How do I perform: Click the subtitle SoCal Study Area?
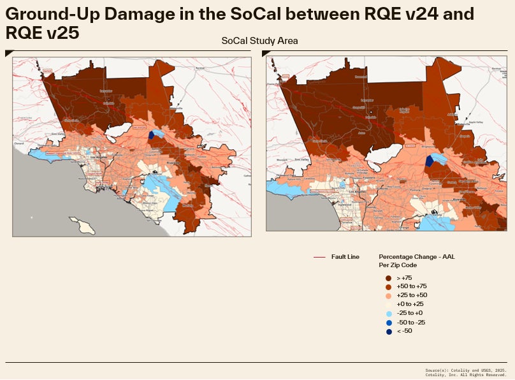pyautogui.click(x=259, y=41)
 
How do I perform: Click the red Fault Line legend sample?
pyautogui.click(x=319, y=257)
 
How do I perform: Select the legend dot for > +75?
pyautogui.click(x=388, y=278)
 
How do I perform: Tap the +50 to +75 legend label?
pyautogui.click(x=411, y=287)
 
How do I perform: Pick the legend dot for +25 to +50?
pyautogui.click(x=388, y=296)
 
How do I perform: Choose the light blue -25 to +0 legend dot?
pyautogui.click(x=388, y=313)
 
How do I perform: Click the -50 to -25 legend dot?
pyautogui.click(x=388, y=322)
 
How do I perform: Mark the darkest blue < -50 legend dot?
pyautogui.click(x=388, y=331)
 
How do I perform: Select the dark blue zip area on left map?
pyautogui.click(x=151, y=135)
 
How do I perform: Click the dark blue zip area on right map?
pyautogui.click(x=429, y=161)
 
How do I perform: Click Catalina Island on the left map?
pyautogui.click(x=82, y=224)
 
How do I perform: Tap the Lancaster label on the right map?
pyautogui.click(x=367, y=100)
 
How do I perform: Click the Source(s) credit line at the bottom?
pyautogui.click(x=465, y=369)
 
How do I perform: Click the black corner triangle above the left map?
pyautogui.click(x=8, y=53)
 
